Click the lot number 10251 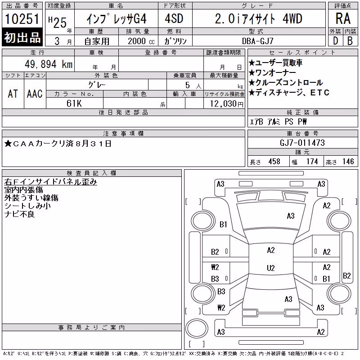click(x=22, y=18)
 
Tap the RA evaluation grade click(x=343, y=18)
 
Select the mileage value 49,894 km click(x=49, y=64)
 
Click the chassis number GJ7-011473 click(x=302, y=143)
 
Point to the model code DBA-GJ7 click(x=258, y=41)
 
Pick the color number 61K click(x=74, y=103)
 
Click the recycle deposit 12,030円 click(x=227, y=104)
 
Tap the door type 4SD click(x=174, y=18)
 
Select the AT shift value click(x=13, y=94)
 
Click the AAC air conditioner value click(x=35, y=94)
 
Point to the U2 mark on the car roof click(x=271, y=268)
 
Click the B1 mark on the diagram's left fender click(x=223, y=224)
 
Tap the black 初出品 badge click(x=22, y=37)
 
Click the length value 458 click(x=274, y=162)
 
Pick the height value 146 click(x=348, y=162)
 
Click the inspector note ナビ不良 click(x=19, y=214)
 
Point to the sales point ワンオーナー click(x=273, y=73)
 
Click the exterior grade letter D click(x=336, y=41)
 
